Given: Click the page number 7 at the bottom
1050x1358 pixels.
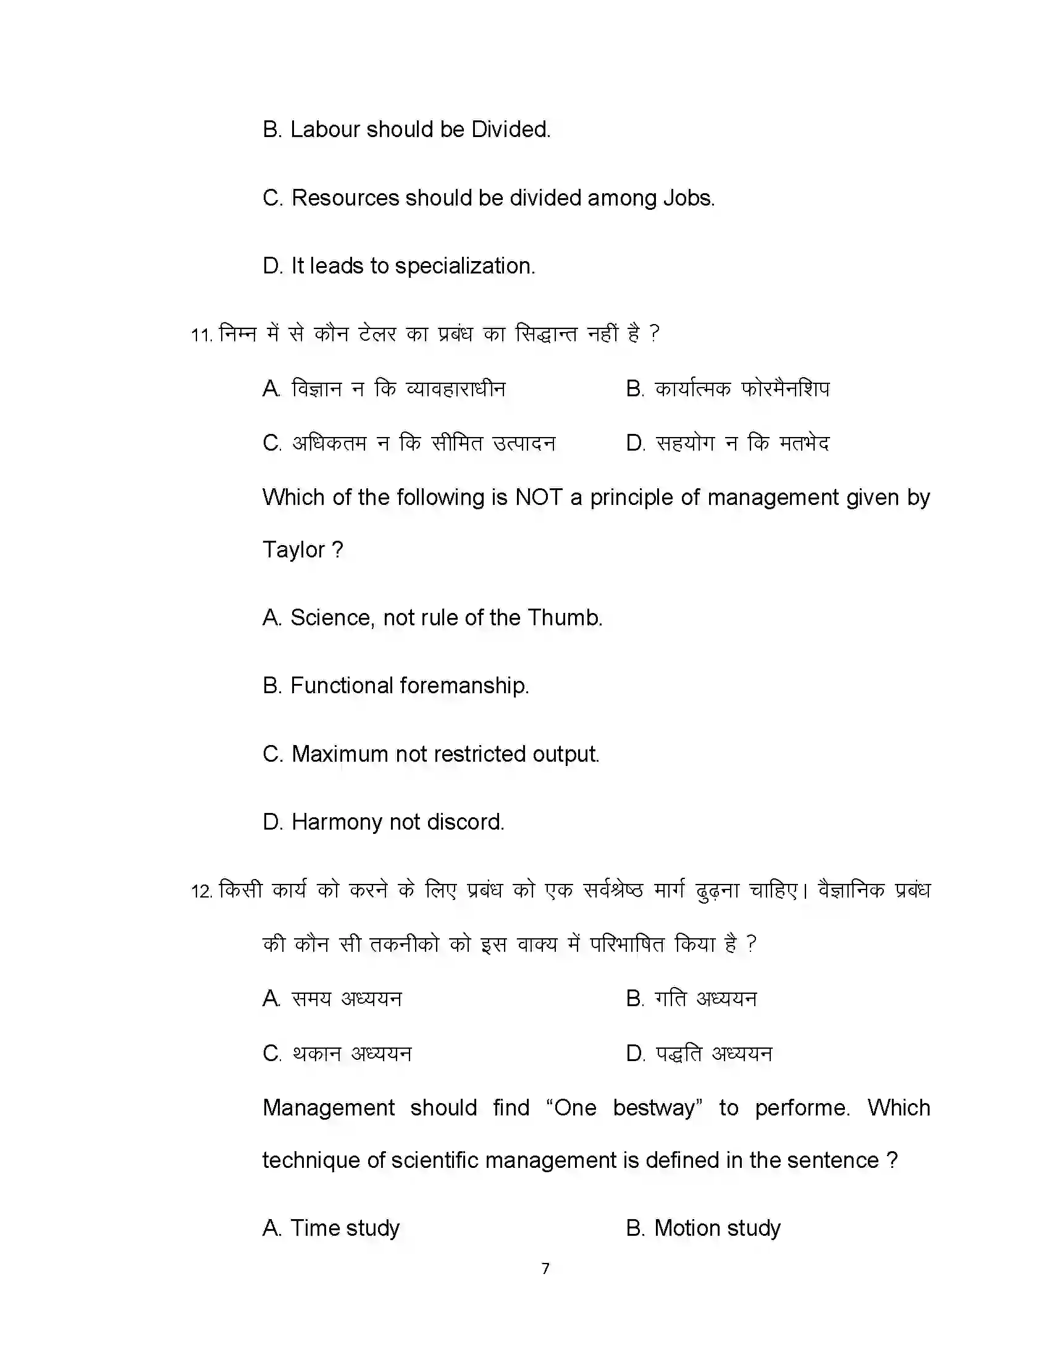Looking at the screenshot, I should tap(545, 1268).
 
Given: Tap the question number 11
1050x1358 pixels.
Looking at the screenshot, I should tap(201, 335).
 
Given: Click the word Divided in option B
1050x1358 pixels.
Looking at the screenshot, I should tap(510, 130).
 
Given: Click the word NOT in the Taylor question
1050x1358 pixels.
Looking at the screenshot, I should tap(539, 498).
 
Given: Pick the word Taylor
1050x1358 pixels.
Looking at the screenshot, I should tap(293, 549).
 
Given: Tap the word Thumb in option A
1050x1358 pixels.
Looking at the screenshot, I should tap(564, 617).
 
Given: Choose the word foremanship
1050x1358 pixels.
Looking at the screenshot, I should tap(464, 686).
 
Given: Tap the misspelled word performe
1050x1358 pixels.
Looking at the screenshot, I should tap(802, 1107).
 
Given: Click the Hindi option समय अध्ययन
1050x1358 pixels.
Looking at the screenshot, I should tap(346, 999).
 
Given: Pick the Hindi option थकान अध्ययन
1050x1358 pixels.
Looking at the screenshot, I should tap(351, 1053).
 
